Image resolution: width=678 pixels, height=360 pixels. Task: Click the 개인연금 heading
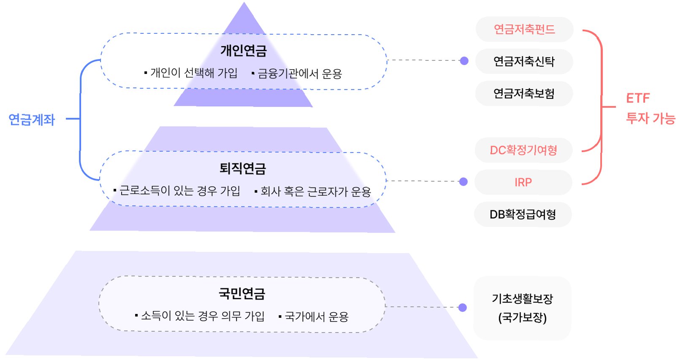(244, 51)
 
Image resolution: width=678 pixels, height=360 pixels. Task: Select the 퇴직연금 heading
(243, 168)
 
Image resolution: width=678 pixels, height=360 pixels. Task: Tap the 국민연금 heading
(242, 293)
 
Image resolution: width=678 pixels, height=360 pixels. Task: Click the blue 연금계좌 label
(32, 119)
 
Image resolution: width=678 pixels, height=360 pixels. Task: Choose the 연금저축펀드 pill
(524, 29)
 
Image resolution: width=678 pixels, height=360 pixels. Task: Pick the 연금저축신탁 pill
(524, 61)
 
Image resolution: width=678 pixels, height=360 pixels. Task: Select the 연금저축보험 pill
(524, 93)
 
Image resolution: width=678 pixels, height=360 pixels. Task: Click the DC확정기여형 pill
(523, 150)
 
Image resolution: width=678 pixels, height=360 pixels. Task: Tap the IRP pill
(523, 182)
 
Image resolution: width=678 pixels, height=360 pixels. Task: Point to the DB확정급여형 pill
(523, 214)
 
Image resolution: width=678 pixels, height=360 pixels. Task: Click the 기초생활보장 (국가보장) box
(522, 308)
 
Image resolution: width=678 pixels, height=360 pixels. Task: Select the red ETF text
(637, 98)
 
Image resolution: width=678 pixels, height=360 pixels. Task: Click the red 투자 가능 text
(651, 118)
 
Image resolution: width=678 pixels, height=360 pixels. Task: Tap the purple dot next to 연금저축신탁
(464, 61)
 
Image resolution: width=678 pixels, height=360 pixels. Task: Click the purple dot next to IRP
(464, 181)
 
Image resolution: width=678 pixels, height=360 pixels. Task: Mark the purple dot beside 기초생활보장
(463, 307)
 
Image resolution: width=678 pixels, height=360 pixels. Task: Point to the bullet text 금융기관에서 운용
(299, 74)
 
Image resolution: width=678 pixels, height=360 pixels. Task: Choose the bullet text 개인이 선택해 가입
(194, 73)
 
